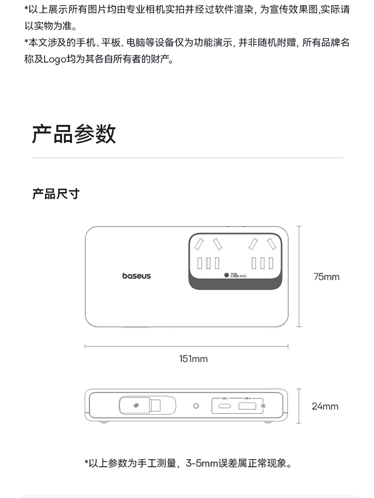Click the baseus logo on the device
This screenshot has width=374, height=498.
pyautogui.click(x=136, y=276)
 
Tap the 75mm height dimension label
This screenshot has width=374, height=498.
pyautogui.click(x=326, y=277)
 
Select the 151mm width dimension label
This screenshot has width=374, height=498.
pyautogui.click(x=193, y=359)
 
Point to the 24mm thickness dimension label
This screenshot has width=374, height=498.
pyautogui.click(x=325, y=406)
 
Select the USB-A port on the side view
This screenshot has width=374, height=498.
pyautogui.click(x=247, y=406)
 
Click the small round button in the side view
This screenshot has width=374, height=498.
pyautogui.click(x=196, y=406)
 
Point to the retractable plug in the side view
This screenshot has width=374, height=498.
pyautogui.click(x=140, y=405)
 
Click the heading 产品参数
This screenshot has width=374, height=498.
pyautogui.click(x=74, y=133)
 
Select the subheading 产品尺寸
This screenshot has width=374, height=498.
pyautogui.click(x=56, y=194)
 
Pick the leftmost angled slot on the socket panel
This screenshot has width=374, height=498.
pyautogui.click(x=199, y=245)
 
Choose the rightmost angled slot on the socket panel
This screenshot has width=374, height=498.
pyautogui.click(x=272, y=245)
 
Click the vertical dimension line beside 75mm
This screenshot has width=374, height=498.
pyautogui.click(x=299, y=277)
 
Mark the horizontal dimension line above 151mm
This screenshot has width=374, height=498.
pyautogui.click(x=187, y=346)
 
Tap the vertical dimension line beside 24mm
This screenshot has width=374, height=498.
pyautogui.click(x=299, y=406)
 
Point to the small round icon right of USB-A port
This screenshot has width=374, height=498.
pyautogui.click(x=263, y=406)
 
